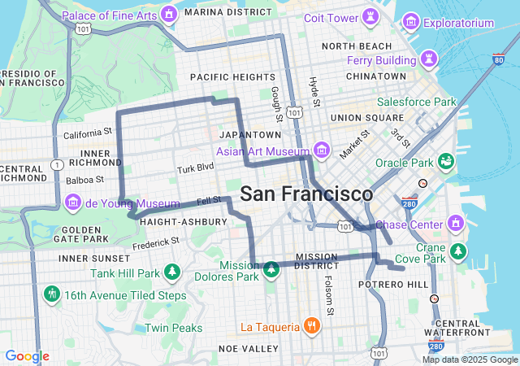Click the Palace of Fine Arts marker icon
click(169, 13)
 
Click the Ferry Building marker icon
click(428, 59)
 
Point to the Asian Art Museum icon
click(322, 150)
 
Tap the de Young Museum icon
click(72, 201)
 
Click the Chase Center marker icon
click(455, 223)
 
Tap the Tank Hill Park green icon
click(171, 272)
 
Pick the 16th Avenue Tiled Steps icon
click(53, 293)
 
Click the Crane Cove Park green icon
click(459, 250)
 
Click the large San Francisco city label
click(307, 194)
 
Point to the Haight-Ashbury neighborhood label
click(177, 221)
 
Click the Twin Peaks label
click(173, 328)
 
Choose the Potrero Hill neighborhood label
click(393, 284)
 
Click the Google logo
click(27, 356)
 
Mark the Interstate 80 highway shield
click(498, 59)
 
